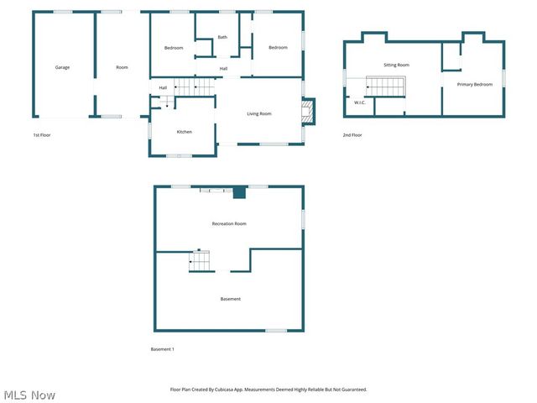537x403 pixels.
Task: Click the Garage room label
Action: (62, 67)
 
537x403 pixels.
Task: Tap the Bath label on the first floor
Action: (222, 37)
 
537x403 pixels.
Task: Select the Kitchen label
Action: (184, 132)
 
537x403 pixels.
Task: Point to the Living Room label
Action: (258, 113)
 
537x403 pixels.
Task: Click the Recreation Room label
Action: (228, 223)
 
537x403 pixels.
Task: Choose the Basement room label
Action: (230, 299)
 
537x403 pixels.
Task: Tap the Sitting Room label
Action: (396, 65)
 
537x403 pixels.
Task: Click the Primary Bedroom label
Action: (475, 85)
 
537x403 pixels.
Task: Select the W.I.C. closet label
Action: (359, 102)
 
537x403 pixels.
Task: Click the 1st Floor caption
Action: (42, 134)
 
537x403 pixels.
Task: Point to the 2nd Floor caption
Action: (352, 134)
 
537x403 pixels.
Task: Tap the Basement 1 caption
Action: (162, 348)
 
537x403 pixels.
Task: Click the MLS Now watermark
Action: (29, 395)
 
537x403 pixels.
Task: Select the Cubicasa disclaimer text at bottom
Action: (268, 390)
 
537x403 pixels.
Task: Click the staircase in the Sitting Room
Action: (387, 86)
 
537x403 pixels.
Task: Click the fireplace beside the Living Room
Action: (308, 111)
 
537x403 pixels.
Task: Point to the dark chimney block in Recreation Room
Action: (239, 192)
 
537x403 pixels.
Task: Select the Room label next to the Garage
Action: (122, 67)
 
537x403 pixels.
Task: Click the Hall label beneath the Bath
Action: (224, 68)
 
